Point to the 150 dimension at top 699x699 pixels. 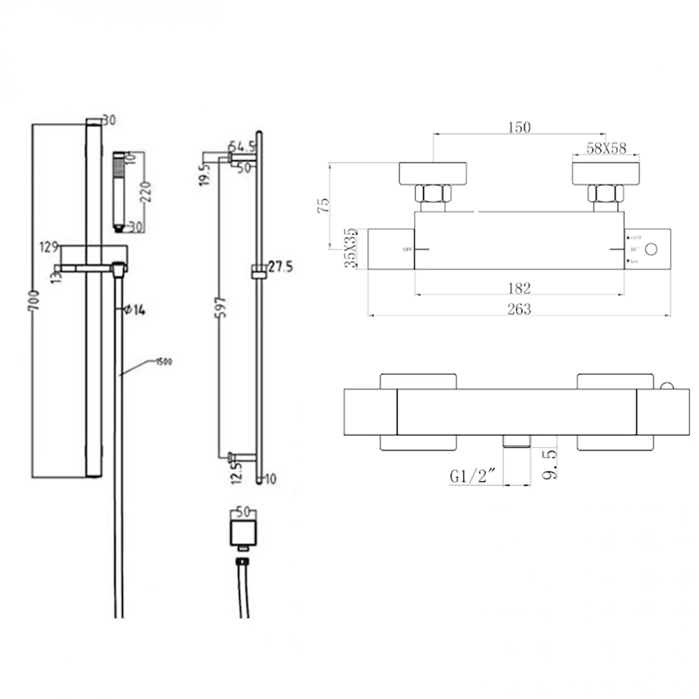519,127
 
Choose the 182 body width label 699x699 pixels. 519,287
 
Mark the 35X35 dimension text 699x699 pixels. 353,248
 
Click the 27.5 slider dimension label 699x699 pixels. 280,266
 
